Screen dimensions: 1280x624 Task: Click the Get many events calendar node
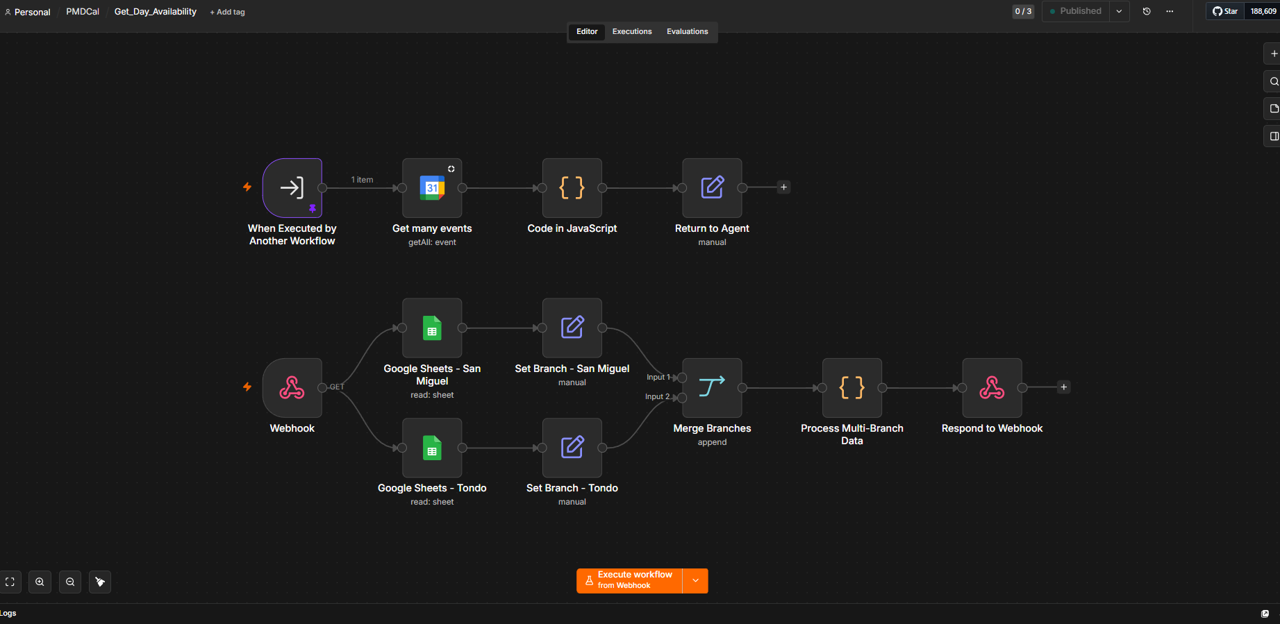[x=432, y=188]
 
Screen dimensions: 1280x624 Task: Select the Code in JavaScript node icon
[x=572, y=188]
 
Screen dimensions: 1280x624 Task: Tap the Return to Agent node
[x=712, y=188]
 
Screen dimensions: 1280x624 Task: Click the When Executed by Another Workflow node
[x=292, y=188]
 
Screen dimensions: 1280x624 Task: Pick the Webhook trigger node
[x=292, y=388]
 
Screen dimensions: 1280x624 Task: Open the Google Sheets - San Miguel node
[x=432, y=328]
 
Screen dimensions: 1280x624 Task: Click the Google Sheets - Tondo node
[x=432, y=448]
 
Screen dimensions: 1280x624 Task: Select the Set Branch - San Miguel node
[x=572, y=328]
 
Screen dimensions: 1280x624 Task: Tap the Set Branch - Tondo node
[x=572, y=448]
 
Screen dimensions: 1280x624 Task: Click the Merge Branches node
[x=712, y=388]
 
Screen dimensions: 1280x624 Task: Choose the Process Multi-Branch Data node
[x=852, y=388]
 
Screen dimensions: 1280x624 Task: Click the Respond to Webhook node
[x=992, y=388]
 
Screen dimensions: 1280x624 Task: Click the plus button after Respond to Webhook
[x=1063, y=387]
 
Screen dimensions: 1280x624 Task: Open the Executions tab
[x=632, y=31]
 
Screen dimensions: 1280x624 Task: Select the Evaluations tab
[x=688, y=31]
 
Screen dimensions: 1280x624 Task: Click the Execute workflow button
[x=629, y=581]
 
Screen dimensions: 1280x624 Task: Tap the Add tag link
[x=227, y=12]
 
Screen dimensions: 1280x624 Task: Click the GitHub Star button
[x=1226, y=11]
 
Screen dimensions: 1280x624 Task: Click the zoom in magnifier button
[x=40, y=582]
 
